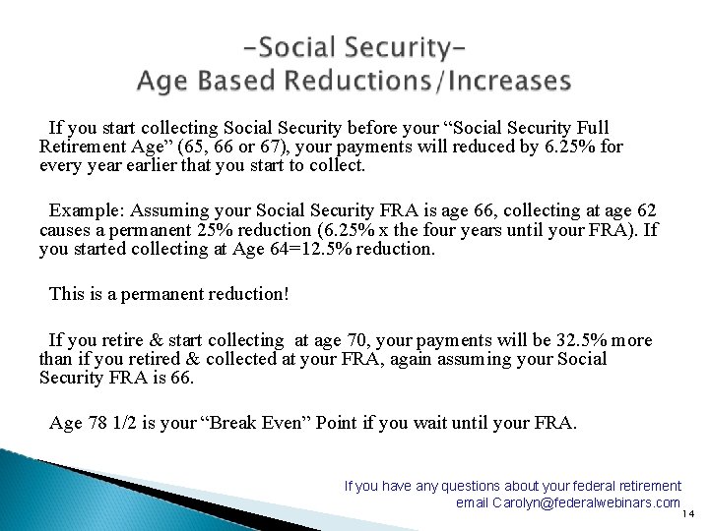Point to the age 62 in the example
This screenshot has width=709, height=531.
(646, 210)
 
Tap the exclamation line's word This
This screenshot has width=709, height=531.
(67, 294)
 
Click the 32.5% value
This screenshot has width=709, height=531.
(581, 340)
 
